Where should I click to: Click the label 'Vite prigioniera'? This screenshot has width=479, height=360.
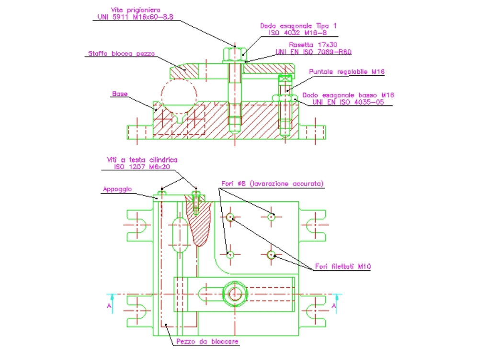pyautogui.click(x=135, y=9)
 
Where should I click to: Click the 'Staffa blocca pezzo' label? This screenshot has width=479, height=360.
pyautogui.click(x=121, y=54)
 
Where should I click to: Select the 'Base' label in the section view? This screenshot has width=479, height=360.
pyautogui.click(x=120, y=94)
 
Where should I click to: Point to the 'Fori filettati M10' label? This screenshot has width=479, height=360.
pyautogui.click(x=343, y=267)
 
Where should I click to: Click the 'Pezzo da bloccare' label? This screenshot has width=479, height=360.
pyautogui.click(x=207, y=341)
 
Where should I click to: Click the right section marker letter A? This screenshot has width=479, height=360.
pyautogui.click(x=335, y=305)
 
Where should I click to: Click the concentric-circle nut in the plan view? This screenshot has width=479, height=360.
pyautogui.click(x=234, y=293)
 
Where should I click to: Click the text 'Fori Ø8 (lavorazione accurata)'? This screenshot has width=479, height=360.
pyautogui.click(x=272, y=184)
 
